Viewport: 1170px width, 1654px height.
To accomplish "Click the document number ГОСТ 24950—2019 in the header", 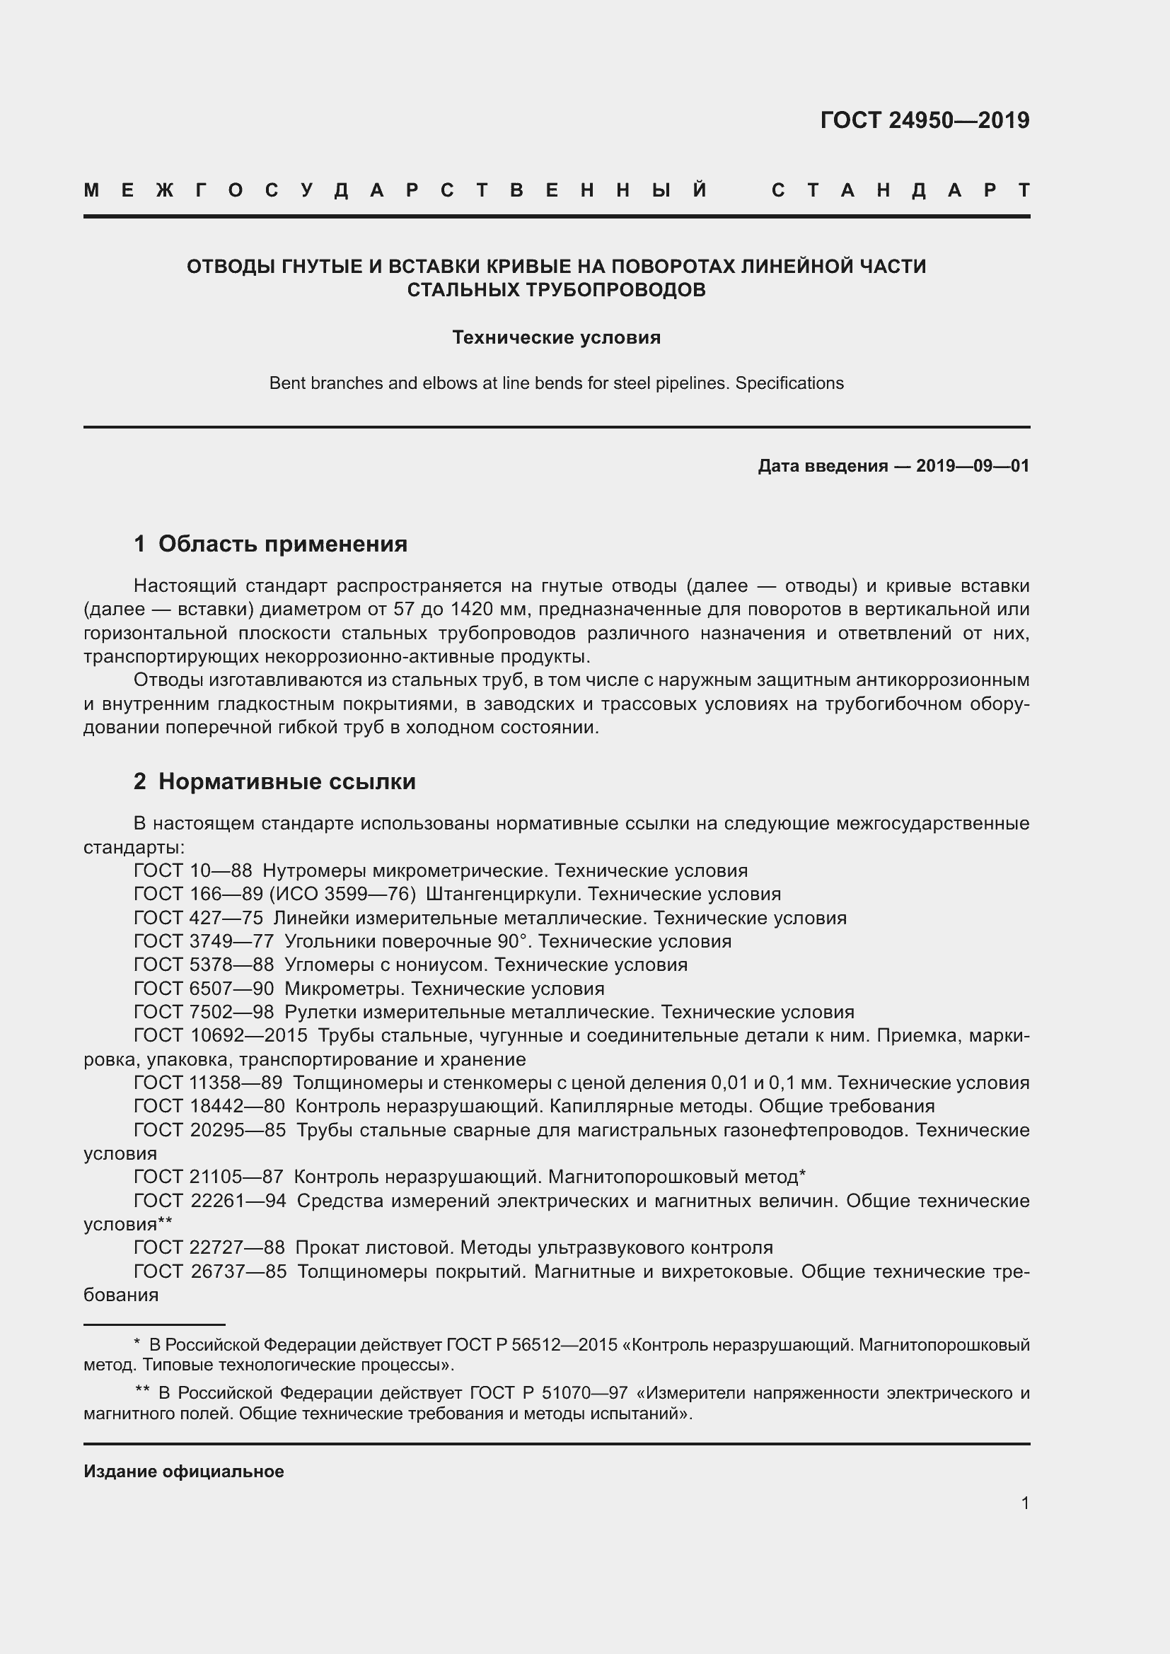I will tap(925, 120).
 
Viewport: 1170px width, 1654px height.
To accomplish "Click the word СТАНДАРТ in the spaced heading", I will tap(900, 190).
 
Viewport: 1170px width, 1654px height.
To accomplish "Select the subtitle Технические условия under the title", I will tap(556, 337).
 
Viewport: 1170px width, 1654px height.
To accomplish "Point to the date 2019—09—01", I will tap(972, 466).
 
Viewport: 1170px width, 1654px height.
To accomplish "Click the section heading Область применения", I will tap(282, 544).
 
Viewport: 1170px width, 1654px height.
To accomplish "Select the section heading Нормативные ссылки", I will tap(286, 781).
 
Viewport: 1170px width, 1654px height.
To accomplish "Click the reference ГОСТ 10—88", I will tap(192, 871).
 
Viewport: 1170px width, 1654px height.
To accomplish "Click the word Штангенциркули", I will tap(504, 895).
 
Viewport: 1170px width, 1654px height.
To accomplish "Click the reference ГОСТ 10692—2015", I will tap(221, 1036).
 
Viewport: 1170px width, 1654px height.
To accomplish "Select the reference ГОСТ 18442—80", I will tap(209, 1107).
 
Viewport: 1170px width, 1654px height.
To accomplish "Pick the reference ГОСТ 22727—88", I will tap(209, 1247).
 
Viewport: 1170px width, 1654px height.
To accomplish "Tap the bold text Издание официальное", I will tap(184, 1472).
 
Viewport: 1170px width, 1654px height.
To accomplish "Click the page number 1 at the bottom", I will tap(1024, 1503).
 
